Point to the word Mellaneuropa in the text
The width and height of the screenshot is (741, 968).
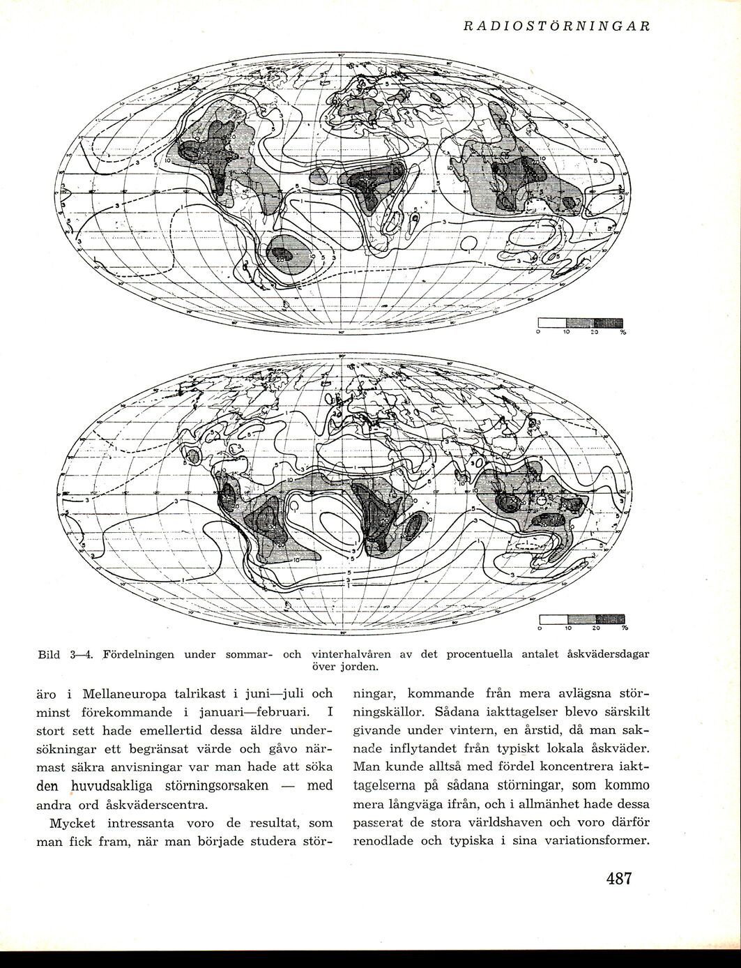coord(125,695)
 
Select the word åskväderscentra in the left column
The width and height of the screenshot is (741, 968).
coord(145,803)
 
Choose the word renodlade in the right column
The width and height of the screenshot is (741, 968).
coord(384,840)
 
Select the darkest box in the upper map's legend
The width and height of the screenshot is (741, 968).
coord(609,323)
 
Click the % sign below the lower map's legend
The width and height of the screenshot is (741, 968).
coord(625,628)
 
